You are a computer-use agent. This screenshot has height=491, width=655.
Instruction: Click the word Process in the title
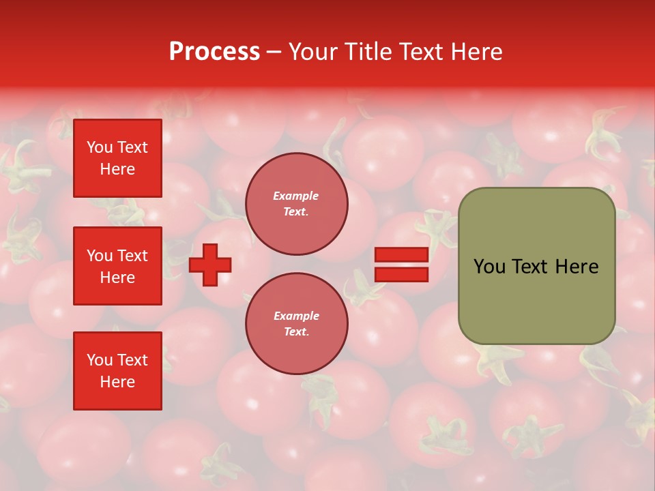(214, 52)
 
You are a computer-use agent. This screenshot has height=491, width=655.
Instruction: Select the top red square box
(117, 158)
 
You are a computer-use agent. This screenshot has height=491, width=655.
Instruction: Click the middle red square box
(117, 266)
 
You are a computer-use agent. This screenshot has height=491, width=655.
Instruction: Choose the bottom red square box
(117, 371)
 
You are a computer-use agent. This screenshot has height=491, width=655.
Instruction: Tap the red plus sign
(210, 265)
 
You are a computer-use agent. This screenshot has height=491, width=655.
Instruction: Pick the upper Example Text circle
(296, 204)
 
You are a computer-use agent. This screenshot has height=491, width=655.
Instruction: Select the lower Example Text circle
(296, 324)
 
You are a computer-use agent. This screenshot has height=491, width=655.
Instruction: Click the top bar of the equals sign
(401, 255)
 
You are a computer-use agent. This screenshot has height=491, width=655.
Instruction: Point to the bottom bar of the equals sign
(401, 275)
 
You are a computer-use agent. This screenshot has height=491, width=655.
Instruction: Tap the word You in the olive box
(489, 267)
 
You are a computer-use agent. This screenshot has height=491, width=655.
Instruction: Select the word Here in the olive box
(577, 267)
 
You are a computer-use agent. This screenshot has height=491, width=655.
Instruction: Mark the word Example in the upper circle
(296, 196)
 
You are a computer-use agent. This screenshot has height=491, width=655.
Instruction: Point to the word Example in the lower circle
(296, 316)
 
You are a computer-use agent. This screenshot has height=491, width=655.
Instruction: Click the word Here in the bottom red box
(117, 382)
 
